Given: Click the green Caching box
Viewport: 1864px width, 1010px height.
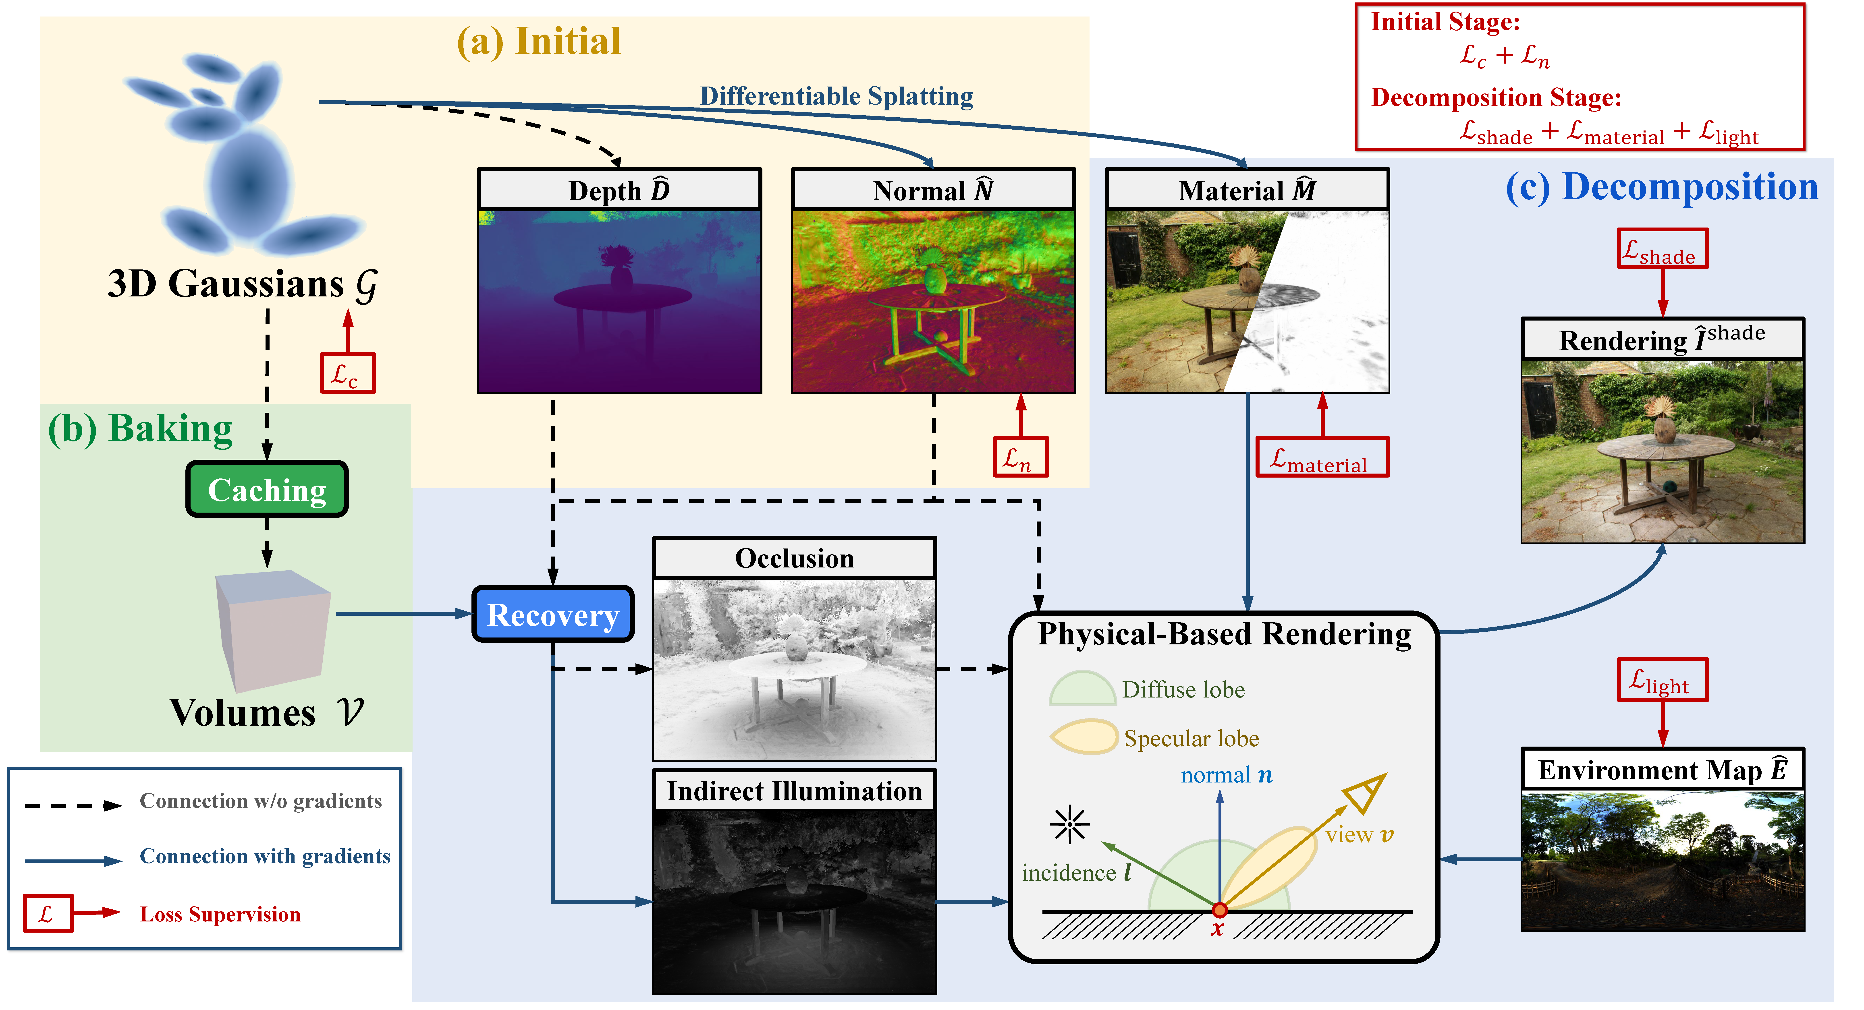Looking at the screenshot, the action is click(267, 490).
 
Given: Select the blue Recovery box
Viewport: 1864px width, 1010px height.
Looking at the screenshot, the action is click(553, 614).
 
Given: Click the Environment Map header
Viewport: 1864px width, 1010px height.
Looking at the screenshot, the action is click(1663, 769).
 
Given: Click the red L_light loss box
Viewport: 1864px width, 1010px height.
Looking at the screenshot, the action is click(1663, 679).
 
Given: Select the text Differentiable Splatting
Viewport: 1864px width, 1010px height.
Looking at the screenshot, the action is click(837, 96).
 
